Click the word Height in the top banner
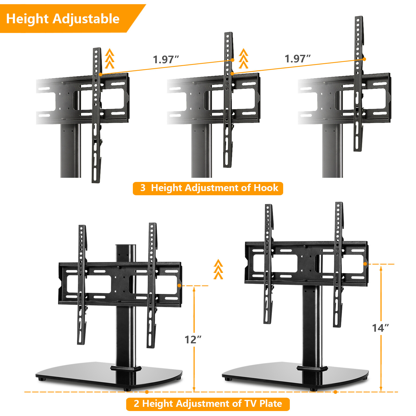click(x=27, y=19)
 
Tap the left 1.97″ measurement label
click(x=166, y=59)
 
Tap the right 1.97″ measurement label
click(x=297, y=59)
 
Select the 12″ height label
click(x=193, y=339)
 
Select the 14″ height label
click(x=380, y=328)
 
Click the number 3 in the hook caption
click(x=143, y=188)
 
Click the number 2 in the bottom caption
click(x=136, y=404)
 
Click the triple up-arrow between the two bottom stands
click(x=218, y=269)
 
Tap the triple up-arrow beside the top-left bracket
click(x=110, y=59)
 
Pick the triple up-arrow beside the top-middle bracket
click(x=243, y=59)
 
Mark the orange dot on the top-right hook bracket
click(x=364, y=59)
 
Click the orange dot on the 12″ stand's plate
click(x=179, y=285)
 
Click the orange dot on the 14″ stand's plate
click(x=365, y=264)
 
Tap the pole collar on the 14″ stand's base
click(x=312, y=369)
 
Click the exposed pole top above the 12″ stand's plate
click(x=126, y=252)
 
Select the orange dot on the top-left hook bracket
click(x=100, y=74)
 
